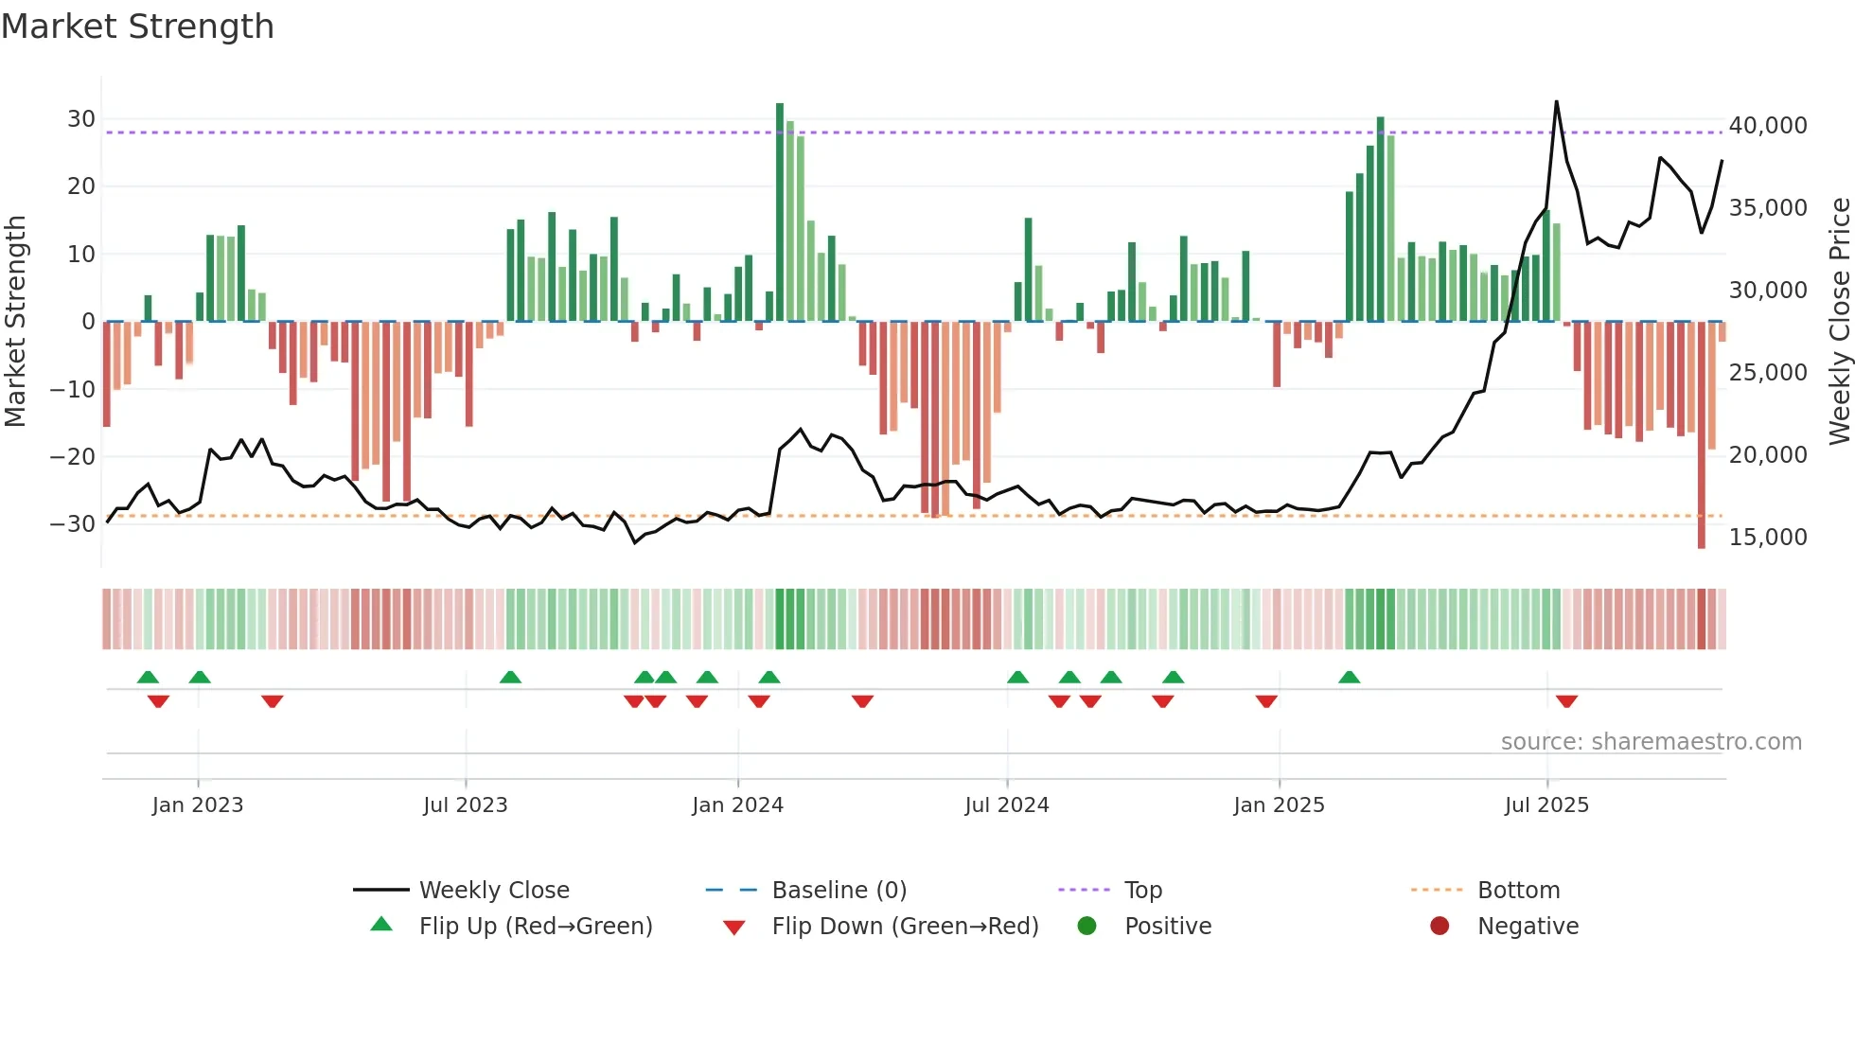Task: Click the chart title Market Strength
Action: pos(137,27)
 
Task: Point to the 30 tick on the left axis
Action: pos(81,119)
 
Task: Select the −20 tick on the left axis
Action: pos(74,457)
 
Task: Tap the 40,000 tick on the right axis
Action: pos(1767,126)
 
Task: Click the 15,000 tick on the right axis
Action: pos(1767,538)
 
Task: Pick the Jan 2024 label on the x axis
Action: pos(737,805)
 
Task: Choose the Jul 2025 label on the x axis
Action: pos(1546,805)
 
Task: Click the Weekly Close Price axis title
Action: pos(1839,322)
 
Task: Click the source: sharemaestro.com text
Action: pos(1651,742)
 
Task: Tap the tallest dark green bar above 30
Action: pos(780,208)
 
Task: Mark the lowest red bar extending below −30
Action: pos(1701,435)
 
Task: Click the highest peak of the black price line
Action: pos(1556,102)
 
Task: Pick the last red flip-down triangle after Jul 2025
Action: pos(1566,701)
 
